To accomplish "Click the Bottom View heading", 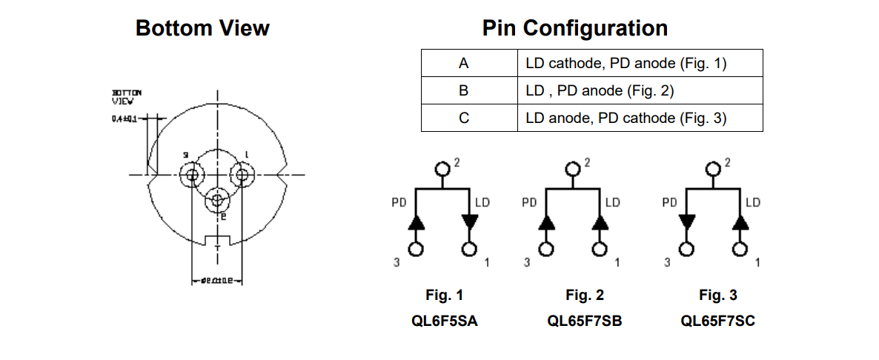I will [x=202, y=28].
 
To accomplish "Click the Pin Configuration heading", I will [x=574, y=28].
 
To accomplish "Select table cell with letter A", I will [x=464, y=63].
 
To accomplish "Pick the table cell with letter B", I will [x=464, y=90].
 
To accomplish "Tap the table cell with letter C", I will [x=464, y=118].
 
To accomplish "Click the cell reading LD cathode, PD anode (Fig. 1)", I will [x=626, y=63].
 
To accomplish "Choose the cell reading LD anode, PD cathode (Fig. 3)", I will [x=626, y=118].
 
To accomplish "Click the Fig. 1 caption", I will [x=444, y=296].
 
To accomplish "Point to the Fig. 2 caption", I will [x=584, y=296].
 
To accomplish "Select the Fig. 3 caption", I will [x=717, y=296].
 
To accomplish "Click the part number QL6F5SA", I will [x=444, y=321].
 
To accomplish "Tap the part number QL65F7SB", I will [x=584, y=321].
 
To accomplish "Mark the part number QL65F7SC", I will [x=717, y=321].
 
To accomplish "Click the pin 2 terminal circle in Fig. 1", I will [x=443, y=168].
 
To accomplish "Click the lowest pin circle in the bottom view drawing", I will [x=217, y=199].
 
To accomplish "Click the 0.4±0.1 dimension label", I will [x=125, y=118].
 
